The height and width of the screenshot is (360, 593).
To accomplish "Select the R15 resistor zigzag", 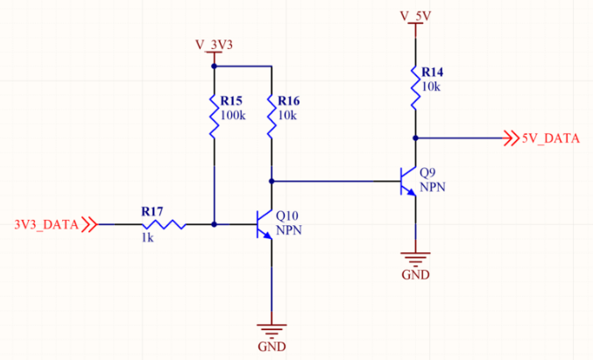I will pyautogui.click(x=214, y=116).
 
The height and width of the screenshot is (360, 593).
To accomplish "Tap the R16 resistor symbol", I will pyautogui.click(x=272, y=116).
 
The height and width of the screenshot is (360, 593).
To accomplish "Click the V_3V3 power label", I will pyautogui.click(x=214, y=43).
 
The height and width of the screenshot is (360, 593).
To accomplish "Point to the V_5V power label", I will pyautogui.click(x=416, y=15).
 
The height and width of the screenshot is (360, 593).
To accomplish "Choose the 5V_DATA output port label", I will pyautogui.click(x=549, y=138).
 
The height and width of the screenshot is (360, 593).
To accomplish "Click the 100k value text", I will pyautogui.click(x=234, y=116).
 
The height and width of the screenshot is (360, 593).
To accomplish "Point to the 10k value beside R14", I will pyautogui.click(x=431, y=88).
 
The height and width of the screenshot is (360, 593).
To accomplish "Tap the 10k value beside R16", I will pyautogui.click(x=288, y=116).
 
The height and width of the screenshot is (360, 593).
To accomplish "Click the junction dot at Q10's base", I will pyautogui.click(x=214, y=224).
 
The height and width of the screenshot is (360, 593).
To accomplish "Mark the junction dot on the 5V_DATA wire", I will pyautogui.click(x=415, y=138).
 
